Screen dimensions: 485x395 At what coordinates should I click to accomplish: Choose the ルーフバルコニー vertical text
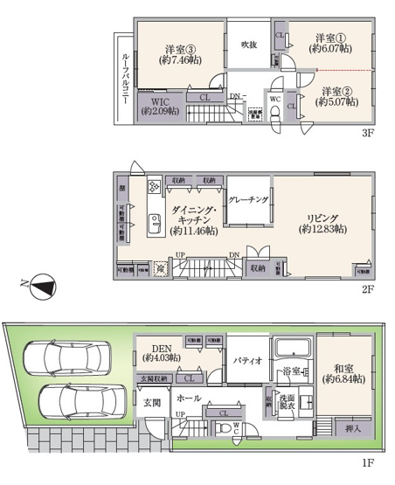[127, 80]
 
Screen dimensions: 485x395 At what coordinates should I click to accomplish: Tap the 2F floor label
[368, 289]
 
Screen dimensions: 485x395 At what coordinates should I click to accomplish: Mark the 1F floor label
[368, 461]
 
